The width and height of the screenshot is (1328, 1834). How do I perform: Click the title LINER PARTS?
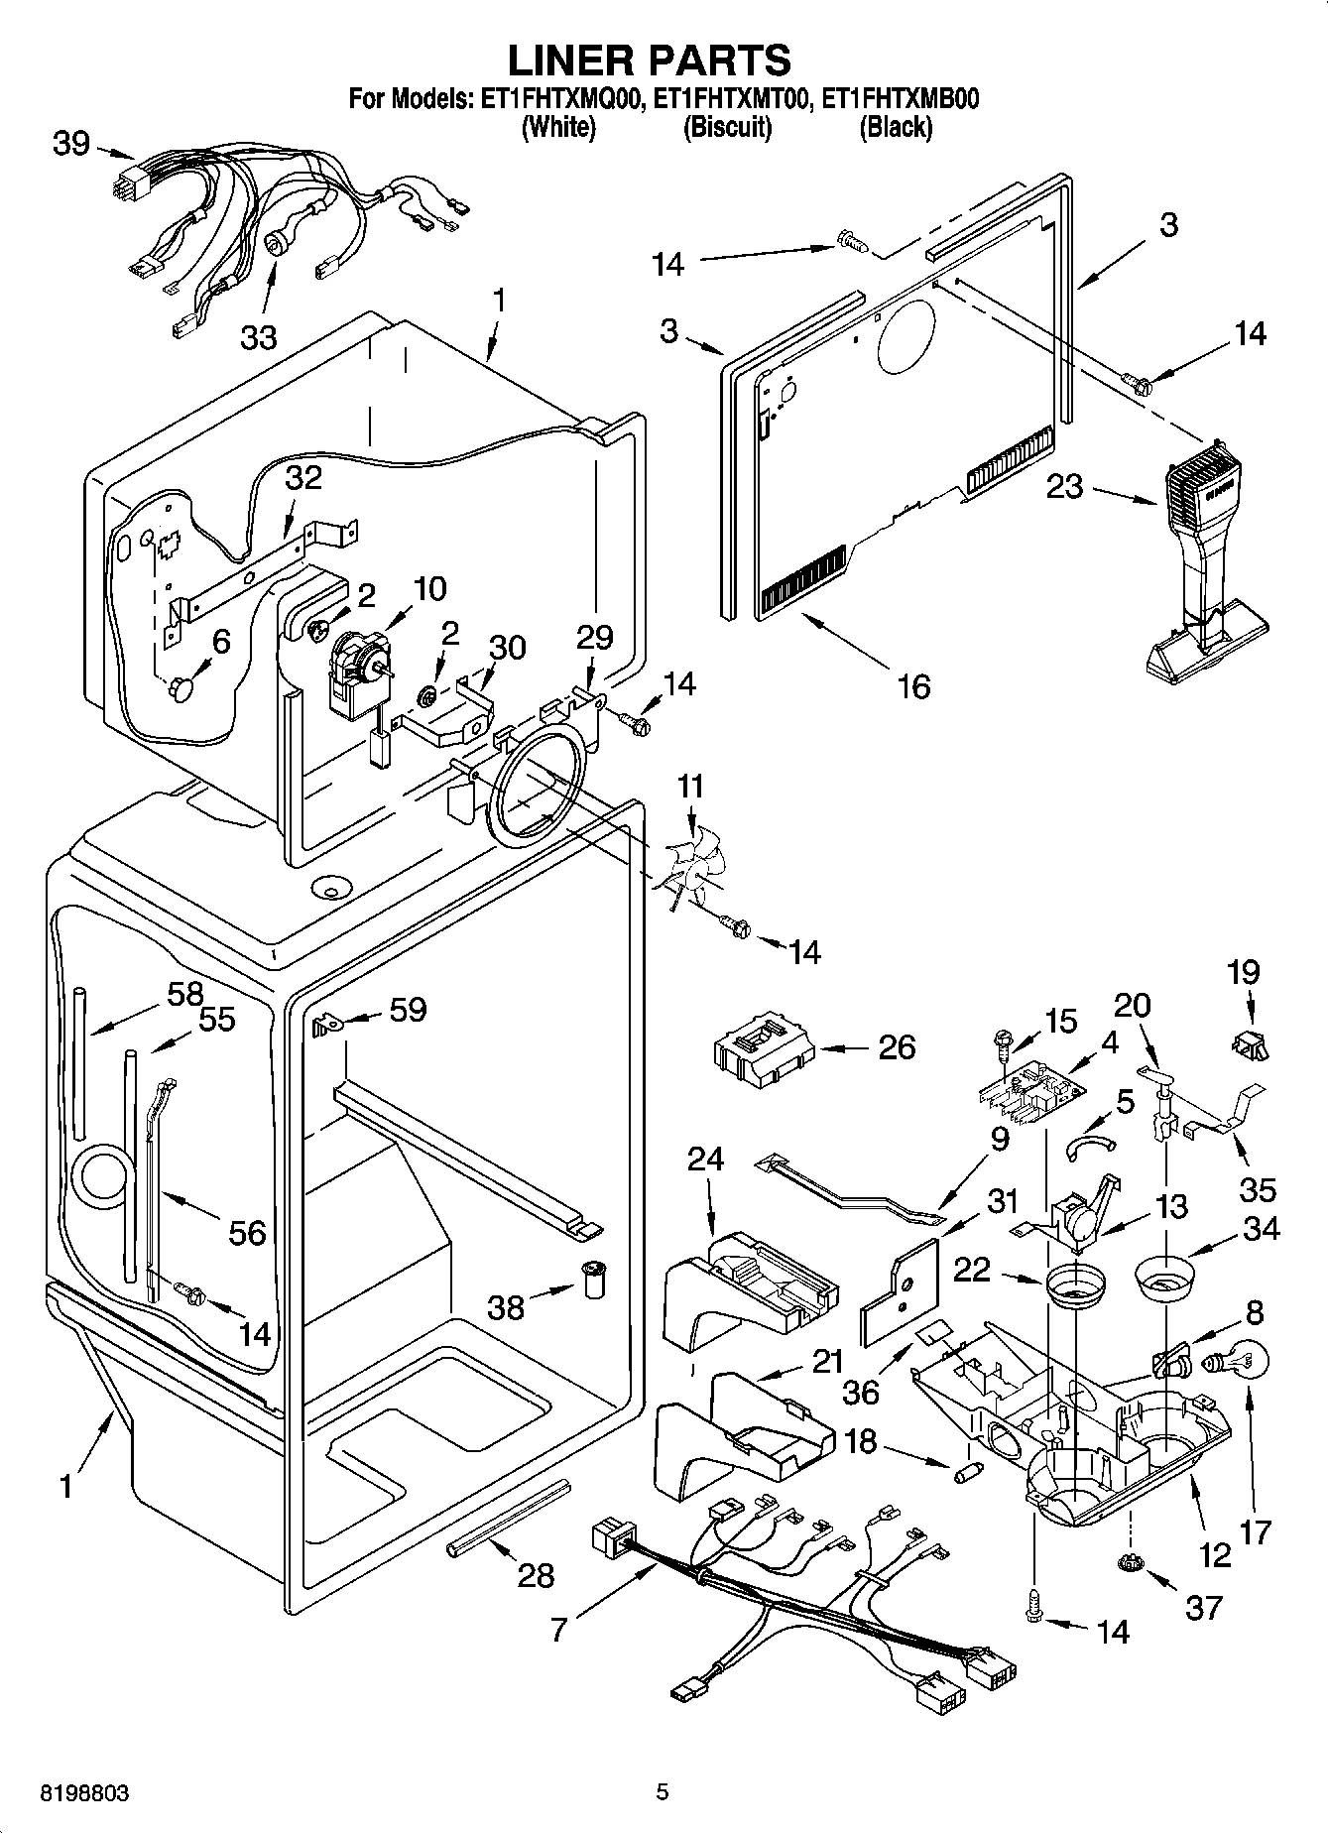point(650,61)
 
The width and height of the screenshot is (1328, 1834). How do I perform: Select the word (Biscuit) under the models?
point(727,127)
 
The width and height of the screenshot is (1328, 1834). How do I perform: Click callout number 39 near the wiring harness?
point(70,144)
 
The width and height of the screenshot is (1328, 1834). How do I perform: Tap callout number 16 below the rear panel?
point(913,685)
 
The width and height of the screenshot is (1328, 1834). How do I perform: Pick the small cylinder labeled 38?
point(593,1280)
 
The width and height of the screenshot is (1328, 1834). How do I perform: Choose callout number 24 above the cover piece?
point(705,1160)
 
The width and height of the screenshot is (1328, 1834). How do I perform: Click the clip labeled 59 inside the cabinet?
point(324,1025)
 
